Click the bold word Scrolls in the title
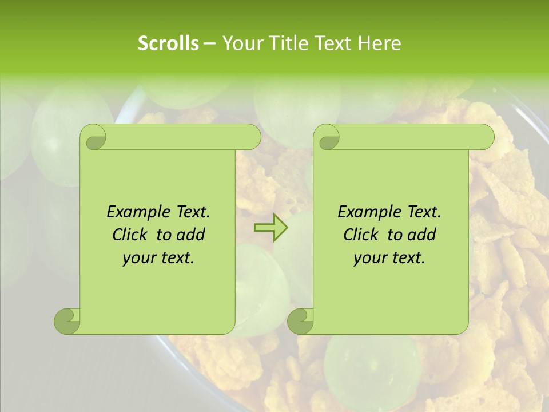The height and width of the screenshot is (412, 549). pyautogui.click(x=169, y=43)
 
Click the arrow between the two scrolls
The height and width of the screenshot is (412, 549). pyautogui.click(x=270, y=228)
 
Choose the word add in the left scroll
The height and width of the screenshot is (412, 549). pyautogui.click(x=191, y=235)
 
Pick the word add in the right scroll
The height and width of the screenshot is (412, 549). pyautogui.click(x=422, y=235)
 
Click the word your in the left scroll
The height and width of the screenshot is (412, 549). pyautogui.click(x=138, y=259)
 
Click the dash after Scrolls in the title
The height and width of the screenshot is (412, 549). pyautogui.click(x=209, y=43)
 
